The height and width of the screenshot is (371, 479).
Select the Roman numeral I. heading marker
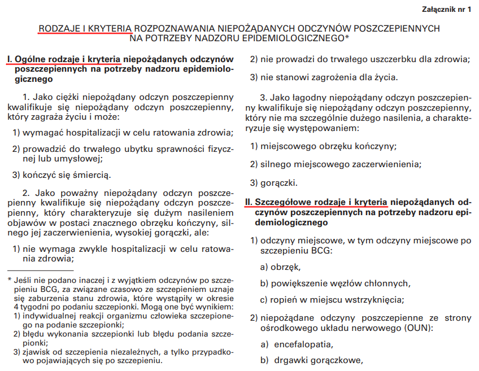click(x=10, y=59)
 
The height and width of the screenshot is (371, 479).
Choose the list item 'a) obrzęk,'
click(x=280, y=267)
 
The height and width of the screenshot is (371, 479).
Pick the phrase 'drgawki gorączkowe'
click(x=317, y=360)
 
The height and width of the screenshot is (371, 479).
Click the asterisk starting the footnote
click(x=10, y=280)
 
